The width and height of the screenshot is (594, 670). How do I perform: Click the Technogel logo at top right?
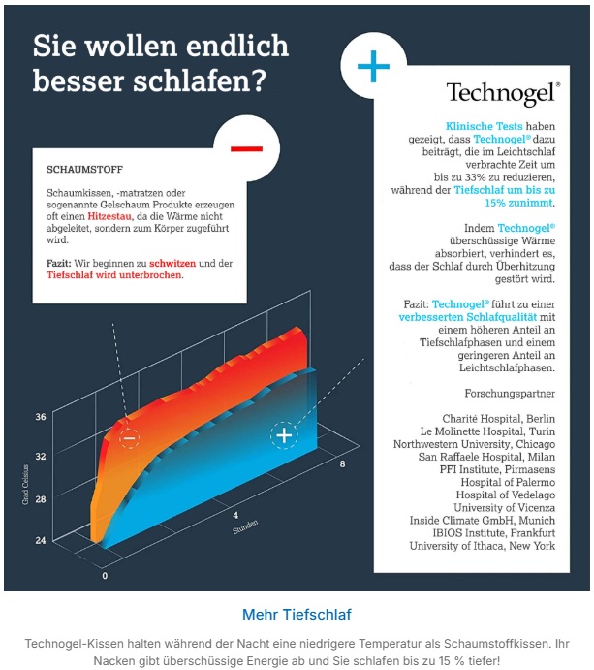tap(501, 93)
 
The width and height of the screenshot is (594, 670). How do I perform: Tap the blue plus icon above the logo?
tap(374, 66)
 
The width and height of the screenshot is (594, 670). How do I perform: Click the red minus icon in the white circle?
tap(246, 149)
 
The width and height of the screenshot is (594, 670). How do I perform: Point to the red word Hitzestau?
tap(136, 220)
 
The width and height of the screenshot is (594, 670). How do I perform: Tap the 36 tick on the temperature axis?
tap(41, 417)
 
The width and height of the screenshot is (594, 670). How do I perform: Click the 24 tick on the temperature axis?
tap(41, 540)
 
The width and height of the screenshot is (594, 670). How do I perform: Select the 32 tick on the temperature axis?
tap(41, 456)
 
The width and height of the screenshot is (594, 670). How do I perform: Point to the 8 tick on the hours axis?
tap(342, 465)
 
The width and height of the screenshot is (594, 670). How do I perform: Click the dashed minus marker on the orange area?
tap(129, 438)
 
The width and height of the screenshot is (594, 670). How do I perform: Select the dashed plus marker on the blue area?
tap(284, 435)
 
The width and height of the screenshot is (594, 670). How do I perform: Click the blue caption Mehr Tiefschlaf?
tap(297, 614)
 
